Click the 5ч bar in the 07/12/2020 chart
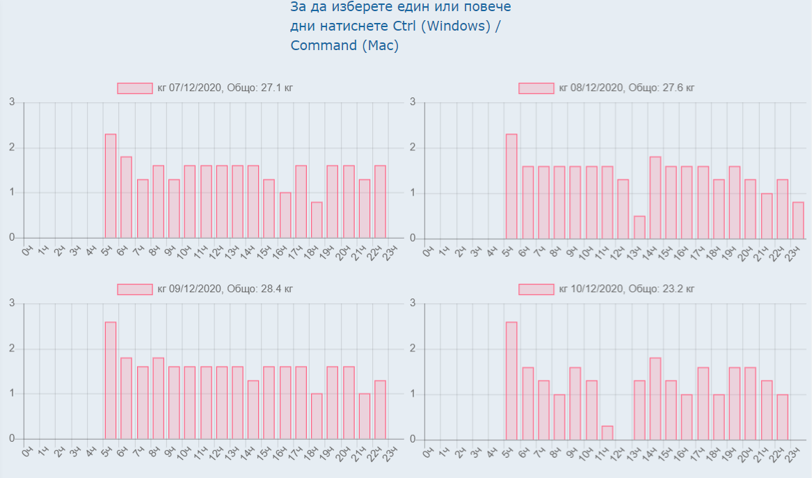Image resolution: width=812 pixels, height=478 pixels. [x=111, y=186]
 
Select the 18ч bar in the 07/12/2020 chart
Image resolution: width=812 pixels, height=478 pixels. [x=317, y=220]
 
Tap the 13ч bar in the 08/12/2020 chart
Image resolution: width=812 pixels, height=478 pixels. [x=639, y=228]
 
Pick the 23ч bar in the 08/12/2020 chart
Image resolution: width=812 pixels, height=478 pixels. [x=798, y=221]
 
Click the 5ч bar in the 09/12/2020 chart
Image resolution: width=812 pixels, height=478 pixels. [x=111, y=381]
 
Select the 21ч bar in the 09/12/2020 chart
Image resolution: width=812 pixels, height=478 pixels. [x=364, y=416]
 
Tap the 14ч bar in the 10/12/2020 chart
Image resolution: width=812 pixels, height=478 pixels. [x=655, y=399]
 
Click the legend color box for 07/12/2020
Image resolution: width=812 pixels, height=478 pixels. [x=134, y=88]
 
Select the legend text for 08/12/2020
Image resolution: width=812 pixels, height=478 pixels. [x=627, y=88]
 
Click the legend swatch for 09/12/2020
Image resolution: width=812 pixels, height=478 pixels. [x=134, y=289]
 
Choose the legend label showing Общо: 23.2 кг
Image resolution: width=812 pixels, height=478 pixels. [x=627, y=289]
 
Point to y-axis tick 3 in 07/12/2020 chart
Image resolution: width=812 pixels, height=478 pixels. [x=12, y=102]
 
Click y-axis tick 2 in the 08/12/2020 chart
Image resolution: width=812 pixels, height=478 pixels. [x=413, y=148]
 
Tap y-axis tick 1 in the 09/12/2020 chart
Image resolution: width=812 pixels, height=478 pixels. [x=12, y=394]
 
